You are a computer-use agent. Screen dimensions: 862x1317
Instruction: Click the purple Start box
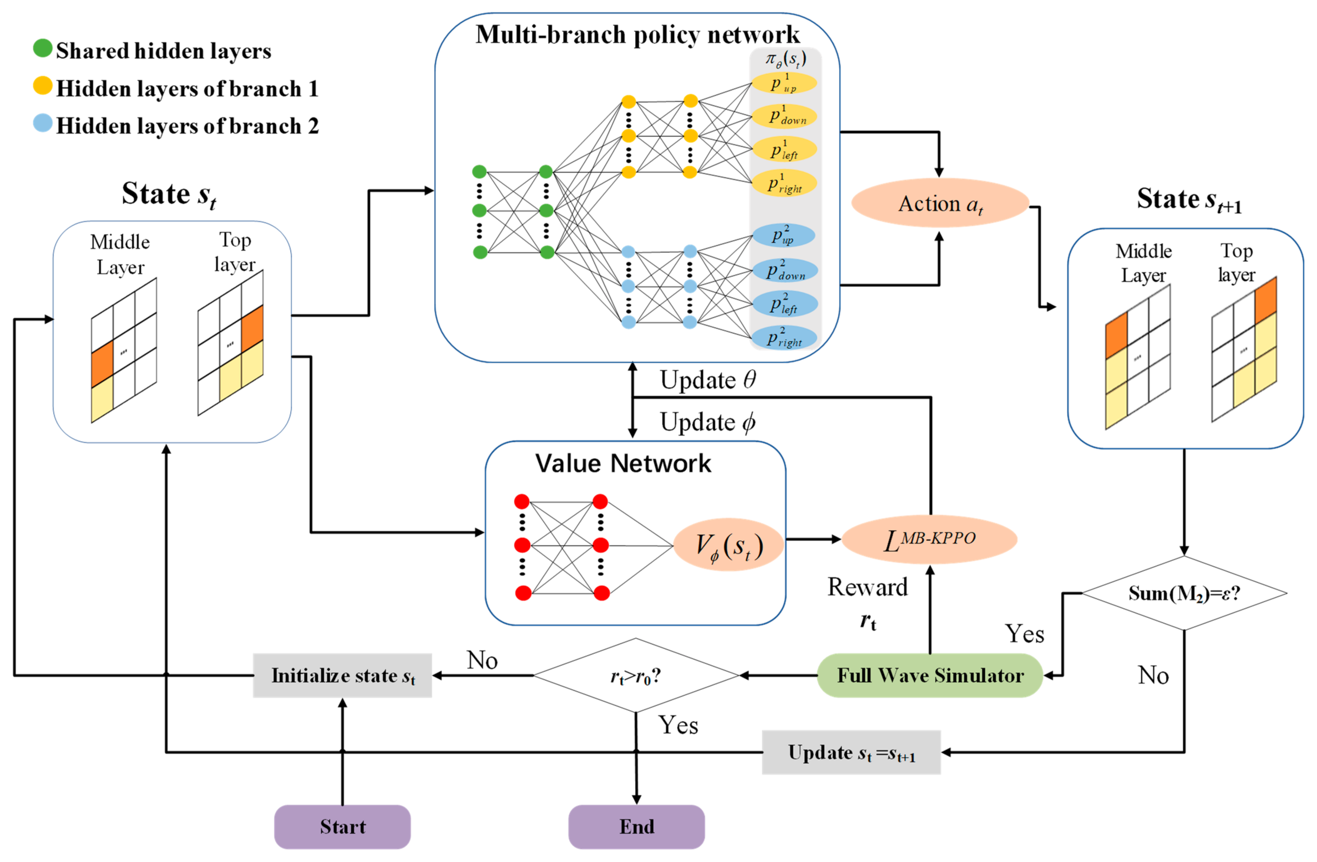(x=342, y=827)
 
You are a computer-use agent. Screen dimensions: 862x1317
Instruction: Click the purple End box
(x=636, y=827)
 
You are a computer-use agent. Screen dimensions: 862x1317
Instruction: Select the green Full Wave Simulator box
(x=930, y=676)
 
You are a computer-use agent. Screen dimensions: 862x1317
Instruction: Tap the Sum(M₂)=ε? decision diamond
(x=1184, y=593)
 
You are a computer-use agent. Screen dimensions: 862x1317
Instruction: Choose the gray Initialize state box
(x=342, y=676)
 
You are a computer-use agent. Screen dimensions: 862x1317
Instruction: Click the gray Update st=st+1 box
(x=851, y=752)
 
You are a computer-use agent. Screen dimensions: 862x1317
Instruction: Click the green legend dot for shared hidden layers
(x=43, y=49)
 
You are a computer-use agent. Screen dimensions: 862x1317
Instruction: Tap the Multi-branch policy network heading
(x=638, y=35)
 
